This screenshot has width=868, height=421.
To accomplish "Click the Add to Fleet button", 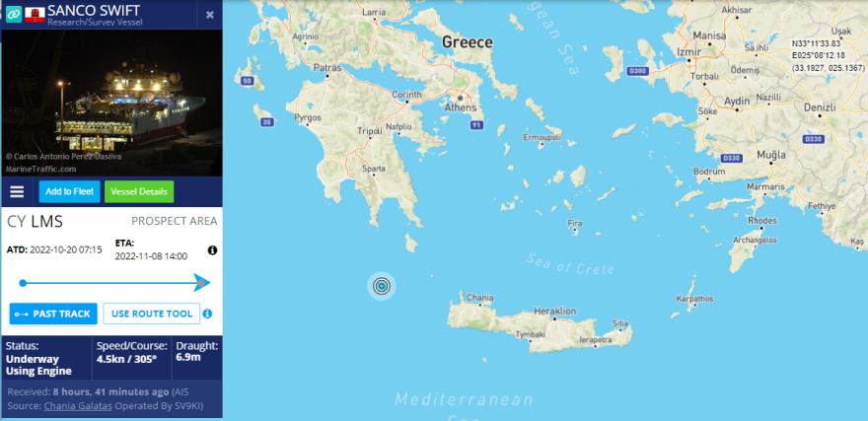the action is point(68,191).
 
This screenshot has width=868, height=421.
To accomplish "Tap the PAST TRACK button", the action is point(53,314).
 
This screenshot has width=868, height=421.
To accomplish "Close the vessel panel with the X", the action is point(210,15).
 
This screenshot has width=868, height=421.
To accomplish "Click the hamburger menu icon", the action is point(17,191).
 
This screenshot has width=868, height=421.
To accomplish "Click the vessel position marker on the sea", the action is point(382,286).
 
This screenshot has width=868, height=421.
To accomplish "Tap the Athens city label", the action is point(461,106).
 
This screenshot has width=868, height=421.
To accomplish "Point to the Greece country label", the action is point(467,42).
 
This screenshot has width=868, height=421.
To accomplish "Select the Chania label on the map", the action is point(479,297).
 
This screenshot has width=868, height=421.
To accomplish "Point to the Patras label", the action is point(326,68).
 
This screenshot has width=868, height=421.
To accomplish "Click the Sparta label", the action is point(373,169).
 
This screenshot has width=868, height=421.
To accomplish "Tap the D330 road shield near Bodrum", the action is point(731,158).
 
